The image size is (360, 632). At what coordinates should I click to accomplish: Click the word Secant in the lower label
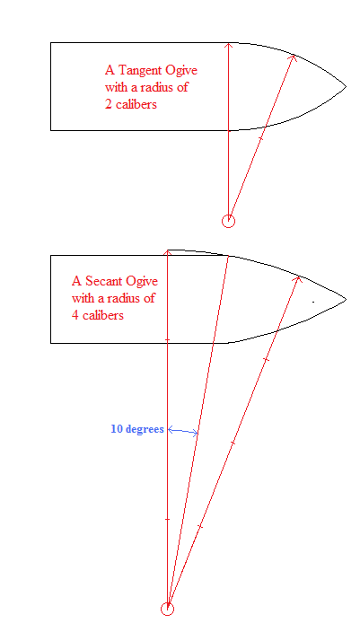coord(101,280)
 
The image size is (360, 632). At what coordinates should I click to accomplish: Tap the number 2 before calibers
coord(109,104)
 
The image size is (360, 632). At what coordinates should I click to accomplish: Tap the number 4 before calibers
coord(75,315)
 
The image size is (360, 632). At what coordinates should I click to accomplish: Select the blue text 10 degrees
coord(137,429)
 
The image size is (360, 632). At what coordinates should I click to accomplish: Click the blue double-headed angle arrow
coord(182,431)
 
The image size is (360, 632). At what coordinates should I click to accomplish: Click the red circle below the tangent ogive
coord(229,221)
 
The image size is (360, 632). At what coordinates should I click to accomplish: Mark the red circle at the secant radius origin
coord(167,609)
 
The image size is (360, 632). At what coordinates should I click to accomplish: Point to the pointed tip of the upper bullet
coord(346,86)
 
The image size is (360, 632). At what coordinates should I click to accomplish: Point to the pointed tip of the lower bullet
coord(346,299)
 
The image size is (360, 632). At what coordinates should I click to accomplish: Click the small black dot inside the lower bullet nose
coord(313,301)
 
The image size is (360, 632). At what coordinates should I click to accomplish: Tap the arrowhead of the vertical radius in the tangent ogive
coord(229,45)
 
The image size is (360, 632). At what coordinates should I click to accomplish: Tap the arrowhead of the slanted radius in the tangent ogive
coord(294,57)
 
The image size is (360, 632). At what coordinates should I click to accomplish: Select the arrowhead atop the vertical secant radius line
coord(167,252)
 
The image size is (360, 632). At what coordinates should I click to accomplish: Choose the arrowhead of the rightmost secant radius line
coord(298,279)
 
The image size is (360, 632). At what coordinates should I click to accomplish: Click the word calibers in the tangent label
coord(136,104)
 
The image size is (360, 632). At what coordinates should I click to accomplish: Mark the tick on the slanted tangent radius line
coord(260,138)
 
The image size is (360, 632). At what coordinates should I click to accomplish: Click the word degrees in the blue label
coord(145,429)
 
